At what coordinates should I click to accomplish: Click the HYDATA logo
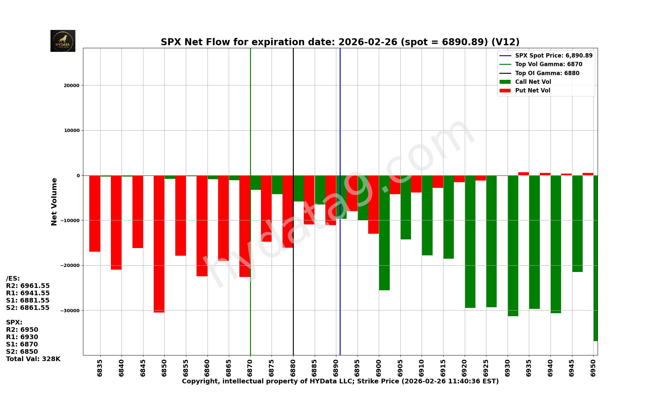(63, 41)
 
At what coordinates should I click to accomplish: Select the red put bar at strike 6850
(159, 244)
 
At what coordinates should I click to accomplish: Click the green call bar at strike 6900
(384, 233)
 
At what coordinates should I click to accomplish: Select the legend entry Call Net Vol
(533, 82)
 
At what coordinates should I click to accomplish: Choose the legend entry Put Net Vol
(533, 90)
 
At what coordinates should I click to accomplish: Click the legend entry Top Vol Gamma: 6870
(548, 64)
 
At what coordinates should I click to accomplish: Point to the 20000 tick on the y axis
(72, 85)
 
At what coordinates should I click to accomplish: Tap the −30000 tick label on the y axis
(70, 311)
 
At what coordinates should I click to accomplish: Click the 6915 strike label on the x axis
(443, 368)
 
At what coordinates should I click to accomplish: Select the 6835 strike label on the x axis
(100, 368)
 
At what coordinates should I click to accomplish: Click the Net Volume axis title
(54, 201)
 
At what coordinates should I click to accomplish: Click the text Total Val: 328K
(33, 359)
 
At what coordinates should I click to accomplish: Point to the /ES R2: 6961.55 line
(28, 286)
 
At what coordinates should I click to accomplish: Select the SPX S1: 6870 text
(22, 344)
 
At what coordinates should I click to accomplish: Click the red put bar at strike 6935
(524, 174)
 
